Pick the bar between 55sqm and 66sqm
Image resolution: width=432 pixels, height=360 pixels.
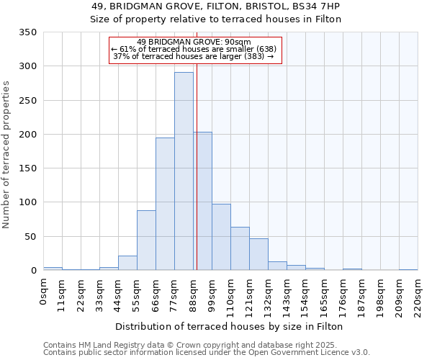146,240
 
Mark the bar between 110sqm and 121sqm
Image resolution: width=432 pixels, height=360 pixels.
240,248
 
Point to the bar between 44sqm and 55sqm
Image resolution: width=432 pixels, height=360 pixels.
127,263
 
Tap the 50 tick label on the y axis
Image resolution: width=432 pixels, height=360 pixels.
30,237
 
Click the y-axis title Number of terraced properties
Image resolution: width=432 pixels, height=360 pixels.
6,155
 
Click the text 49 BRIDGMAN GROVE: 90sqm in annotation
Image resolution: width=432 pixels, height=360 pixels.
194,42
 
